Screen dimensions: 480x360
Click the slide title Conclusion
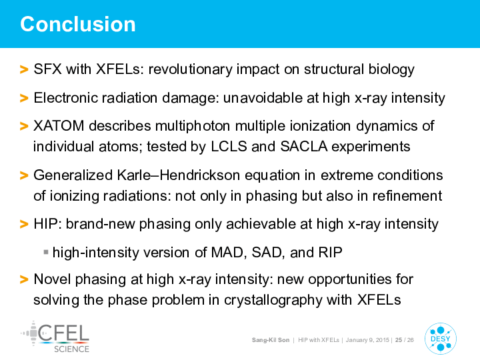pyautogui.click(x=78, y=24)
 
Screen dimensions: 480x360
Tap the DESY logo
pyautogui.click(x=441, y=339)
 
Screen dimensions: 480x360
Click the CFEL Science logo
pyautogui.click(x=55, y=337)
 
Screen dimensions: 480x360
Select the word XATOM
pyautogui.click(x=59, y=126)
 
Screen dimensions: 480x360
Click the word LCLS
pyautogui.click(x=229, y=146)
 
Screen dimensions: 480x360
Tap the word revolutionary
pyautogui.click(x=191, y=69)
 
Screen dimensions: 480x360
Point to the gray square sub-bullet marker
pyautogui.click(x=46, y=252)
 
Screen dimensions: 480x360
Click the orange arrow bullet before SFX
pyautogui.click(x=24, y=69)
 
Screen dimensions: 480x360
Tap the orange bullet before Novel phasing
pyautogui.click(x=24, y=279)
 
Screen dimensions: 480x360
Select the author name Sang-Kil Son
pyautogui.click(x=270, y=340)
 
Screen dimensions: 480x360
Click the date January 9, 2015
pyautogui.click(x=367, y=340)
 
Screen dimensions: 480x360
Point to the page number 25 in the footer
pyautogui.click(x=398, y=340)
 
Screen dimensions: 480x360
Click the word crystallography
pyautogui.click(x=273, y=300)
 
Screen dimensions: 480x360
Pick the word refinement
pyautogui.click(x=407, y=196)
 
